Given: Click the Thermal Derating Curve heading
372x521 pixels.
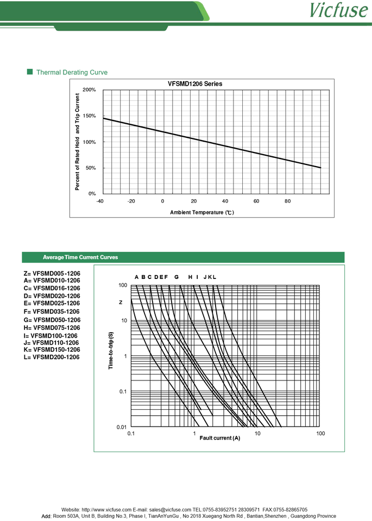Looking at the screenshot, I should [72, 72].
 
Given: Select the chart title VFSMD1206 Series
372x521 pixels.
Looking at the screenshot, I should [195, 84].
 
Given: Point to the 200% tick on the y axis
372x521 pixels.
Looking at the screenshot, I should [89, 90].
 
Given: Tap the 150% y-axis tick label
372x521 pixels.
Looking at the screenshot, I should [89, 116].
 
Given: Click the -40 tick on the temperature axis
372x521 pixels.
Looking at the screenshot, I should [100, 201].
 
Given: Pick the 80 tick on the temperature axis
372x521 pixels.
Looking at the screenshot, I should [288, 201].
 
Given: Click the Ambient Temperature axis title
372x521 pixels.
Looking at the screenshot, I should [201, 212].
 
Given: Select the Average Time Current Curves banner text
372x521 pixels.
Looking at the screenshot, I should [80, 257].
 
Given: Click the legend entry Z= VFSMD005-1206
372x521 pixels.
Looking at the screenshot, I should [52, 274].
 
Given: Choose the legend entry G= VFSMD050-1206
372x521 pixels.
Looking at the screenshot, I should [52, 320].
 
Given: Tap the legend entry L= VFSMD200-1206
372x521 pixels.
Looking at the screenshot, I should [52, 357].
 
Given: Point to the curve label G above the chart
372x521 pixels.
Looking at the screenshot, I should [176, 277].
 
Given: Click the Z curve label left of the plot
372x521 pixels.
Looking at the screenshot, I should [121, 302].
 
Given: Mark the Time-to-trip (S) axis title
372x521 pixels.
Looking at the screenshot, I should [111, 351].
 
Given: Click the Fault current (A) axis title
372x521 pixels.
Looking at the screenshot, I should [219, 438].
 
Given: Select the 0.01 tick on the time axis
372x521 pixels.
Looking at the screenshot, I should [122, 428].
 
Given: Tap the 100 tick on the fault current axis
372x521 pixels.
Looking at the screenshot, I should [320, 434].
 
